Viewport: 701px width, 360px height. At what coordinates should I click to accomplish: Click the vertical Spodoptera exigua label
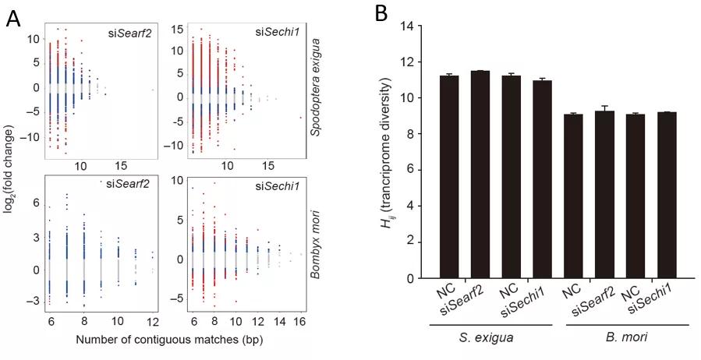316,89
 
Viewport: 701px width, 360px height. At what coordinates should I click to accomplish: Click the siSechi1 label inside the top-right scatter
274,32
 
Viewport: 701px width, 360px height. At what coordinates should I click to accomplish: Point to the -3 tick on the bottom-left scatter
37,301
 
